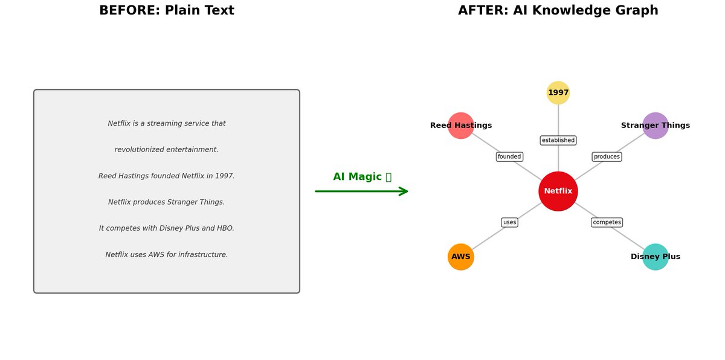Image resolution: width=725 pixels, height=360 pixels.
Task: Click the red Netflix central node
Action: [x=558, y=191]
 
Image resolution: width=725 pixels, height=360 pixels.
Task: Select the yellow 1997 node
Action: [x=558, y=92]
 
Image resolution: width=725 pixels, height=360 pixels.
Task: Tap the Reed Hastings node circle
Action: [x=460, y=126]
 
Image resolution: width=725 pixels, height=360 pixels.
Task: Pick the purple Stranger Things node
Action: [x=655, y=126]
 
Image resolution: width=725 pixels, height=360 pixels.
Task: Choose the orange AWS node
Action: [x=460, y=257]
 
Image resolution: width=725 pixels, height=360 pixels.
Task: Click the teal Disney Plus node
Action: [x=655, y=257]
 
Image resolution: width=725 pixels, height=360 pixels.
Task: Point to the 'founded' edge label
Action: [x=509, y=157]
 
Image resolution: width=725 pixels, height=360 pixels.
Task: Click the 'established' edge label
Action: [x=558, y=141]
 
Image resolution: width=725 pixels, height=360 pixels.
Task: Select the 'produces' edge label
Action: [x=607, y=157]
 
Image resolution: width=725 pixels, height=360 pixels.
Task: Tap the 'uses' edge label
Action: [x=509, y=222]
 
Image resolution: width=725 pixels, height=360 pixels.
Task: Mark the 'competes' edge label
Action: [x=607, y=222]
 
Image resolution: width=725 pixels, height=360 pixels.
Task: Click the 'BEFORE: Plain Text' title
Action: [x=167, y=11]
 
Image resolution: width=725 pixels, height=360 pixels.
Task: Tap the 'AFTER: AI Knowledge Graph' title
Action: [x=558, y=11]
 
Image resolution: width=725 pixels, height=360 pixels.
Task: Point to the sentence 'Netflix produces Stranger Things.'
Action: [x=167, y=202]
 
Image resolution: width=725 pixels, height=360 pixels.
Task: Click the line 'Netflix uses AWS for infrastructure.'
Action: [x=167, y=255]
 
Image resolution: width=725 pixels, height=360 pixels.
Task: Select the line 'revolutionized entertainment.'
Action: [x=167, y=150]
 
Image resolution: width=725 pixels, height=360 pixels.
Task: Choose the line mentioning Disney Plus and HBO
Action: [x=167, y=228]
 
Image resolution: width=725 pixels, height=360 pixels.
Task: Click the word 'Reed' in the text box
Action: [x=108, y=176]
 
